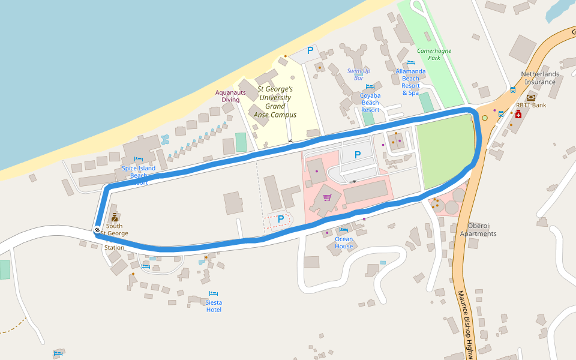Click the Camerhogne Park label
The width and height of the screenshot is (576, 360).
434,55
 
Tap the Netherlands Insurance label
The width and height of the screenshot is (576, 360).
540,78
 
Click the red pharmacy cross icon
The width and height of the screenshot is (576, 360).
518,114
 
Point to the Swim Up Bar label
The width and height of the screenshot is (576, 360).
359,74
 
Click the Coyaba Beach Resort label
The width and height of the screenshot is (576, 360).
370,103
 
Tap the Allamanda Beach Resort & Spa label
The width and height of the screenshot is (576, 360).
410,82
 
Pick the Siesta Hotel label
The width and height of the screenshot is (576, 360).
214,306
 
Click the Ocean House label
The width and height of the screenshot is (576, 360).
344,242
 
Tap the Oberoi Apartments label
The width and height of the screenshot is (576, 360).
478,230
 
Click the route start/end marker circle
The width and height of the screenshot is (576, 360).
97,229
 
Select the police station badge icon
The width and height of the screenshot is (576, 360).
114,217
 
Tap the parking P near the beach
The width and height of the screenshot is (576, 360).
310,51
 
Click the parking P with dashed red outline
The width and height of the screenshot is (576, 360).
280,220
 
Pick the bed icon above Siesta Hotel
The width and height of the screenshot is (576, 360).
214,293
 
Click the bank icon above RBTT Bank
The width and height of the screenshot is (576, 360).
531,97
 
